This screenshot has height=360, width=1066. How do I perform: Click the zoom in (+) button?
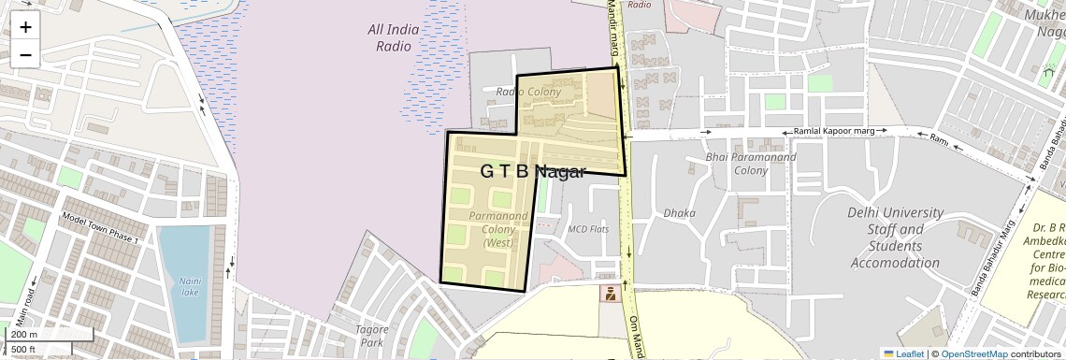25,26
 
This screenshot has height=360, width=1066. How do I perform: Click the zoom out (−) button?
25,54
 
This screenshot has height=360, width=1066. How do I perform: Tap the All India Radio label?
393,37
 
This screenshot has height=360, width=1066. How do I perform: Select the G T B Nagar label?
532,171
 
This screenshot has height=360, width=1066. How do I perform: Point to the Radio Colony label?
528,92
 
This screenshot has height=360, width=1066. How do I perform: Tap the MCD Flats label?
588,228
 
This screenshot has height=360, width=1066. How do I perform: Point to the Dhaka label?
679,213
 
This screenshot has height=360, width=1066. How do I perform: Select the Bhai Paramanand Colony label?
751,164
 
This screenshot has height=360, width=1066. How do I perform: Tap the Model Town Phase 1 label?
99,229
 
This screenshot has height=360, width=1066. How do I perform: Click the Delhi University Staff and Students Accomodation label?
894,238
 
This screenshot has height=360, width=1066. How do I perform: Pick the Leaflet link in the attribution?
902,353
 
